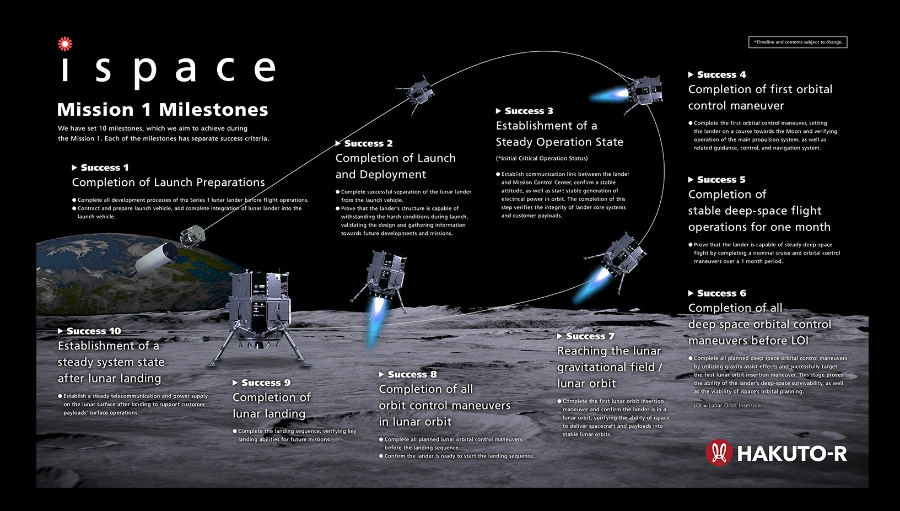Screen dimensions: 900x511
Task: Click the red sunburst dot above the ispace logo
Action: pos(65,44)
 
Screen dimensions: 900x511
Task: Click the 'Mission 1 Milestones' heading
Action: pos(163,109)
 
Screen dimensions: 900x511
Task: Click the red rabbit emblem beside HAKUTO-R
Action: pos(719,453)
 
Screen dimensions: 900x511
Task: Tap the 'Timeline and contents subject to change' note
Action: pos(798,42)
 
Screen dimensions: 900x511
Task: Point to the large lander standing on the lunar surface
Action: pos(259,318)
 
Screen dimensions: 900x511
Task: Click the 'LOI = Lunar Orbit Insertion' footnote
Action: pos(727,405)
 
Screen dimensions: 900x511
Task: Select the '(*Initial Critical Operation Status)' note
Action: pos(542,158)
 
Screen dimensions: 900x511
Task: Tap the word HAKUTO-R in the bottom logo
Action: pos(792,454)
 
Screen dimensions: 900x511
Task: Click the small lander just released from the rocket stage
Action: pos(192,236)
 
